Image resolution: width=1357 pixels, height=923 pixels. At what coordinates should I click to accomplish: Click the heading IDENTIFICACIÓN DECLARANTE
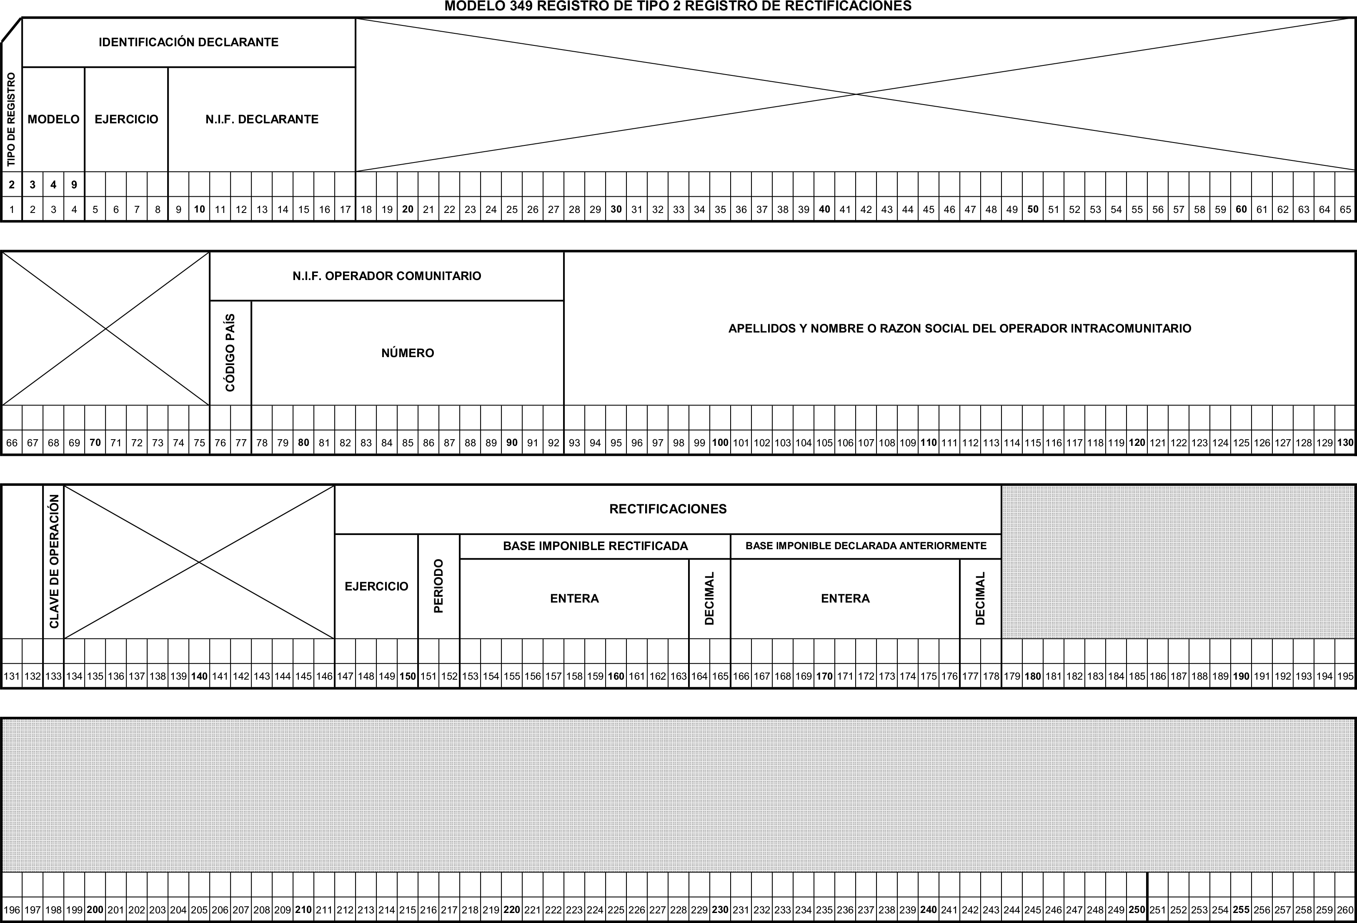[x=189, y=42]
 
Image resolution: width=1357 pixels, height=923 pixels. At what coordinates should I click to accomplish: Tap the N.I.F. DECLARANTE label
[x=262, y=119]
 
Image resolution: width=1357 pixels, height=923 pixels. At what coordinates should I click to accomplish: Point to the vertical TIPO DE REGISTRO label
[x=11, y=119]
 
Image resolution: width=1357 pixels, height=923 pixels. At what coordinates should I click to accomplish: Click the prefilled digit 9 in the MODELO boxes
[x=74, y=185]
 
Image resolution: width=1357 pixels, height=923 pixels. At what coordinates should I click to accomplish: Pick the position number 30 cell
[x=616, y=209]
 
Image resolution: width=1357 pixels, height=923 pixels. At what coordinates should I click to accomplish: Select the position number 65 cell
[x=1345, y=209]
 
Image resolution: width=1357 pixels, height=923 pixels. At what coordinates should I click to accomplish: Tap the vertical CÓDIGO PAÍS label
[x=230, y=353]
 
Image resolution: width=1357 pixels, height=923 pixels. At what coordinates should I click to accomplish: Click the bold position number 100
[x=720, y=443]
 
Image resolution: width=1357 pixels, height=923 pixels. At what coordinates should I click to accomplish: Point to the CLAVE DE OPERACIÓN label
[x=54, y=562]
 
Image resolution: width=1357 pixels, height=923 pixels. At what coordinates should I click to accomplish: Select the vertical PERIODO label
[x=439, y=586]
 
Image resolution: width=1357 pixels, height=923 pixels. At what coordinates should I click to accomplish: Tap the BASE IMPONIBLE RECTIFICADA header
[x=596, y=546]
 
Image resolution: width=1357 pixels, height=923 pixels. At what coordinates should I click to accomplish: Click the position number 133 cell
[x=54, y=676]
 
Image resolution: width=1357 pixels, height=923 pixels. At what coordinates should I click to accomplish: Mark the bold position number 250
[x=1137, y=910]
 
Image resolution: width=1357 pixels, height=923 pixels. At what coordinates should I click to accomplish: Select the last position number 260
[x=1345, y=910]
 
